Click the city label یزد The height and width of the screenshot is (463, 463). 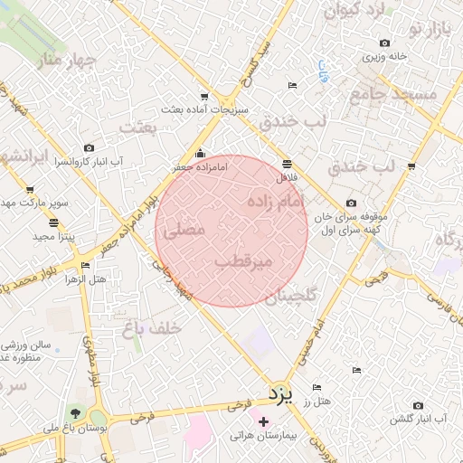tap(283, 393)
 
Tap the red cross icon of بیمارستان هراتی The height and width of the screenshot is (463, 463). tap(263, 421)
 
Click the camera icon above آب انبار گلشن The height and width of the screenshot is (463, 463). tap(418, 405)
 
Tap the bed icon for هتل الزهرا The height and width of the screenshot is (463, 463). tap(85, 266)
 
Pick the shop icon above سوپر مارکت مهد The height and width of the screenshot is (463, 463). tap(30, 190)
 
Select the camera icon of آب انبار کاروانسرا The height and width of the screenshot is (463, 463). tap(89, 147)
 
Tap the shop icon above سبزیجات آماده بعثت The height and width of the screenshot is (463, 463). tap(204, 96)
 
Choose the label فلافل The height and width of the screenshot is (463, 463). tap(287, 177)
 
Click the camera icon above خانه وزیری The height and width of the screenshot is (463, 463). tap(385, 43)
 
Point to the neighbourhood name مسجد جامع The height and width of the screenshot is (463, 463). tap(404, 94)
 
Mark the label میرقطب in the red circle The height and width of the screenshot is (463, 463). tap(243, 262)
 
